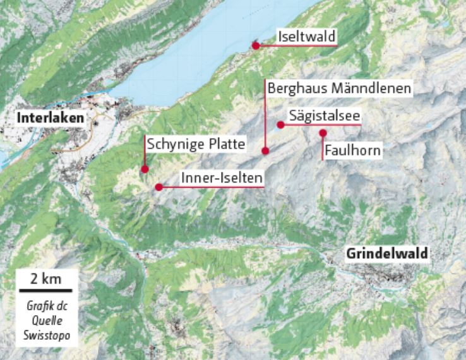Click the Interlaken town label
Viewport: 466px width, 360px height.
(51, 118)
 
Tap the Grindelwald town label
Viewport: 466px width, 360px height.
(387, 254)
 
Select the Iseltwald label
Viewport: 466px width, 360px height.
(307, 37)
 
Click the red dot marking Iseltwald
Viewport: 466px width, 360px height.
(256, 45)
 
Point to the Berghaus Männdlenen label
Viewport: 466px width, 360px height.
(340, 88)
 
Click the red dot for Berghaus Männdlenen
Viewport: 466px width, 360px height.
(265, 151)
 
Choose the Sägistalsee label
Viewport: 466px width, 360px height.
(324, 116)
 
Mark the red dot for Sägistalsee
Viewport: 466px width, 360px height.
(280, 124)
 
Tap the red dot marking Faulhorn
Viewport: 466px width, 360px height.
(323, 133)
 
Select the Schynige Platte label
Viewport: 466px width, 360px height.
(196, 145)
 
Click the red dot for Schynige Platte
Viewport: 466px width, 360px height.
(145, 169)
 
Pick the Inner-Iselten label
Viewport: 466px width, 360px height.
(221, 179)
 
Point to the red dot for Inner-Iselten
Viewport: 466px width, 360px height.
(158, 187)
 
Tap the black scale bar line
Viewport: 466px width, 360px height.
(47, 291)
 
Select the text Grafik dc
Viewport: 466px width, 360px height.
(47, 306)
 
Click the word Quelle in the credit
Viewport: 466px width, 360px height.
(47, 320)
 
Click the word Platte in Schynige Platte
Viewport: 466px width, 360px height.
(227, 145)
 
